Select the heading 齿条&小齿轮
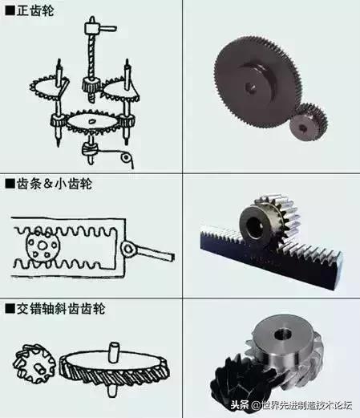53,184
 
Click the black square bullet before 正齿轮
10,10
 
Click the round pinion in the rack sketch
39,247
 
